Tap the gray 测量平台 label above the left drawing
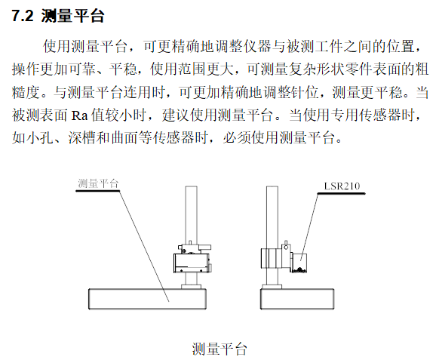(x=98, y=183)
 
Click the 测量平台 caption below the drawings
(x=219, y=349)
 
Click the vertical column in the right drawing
(x=274, y=211)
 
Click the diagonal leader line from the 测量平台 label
(x=143, y=242)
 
